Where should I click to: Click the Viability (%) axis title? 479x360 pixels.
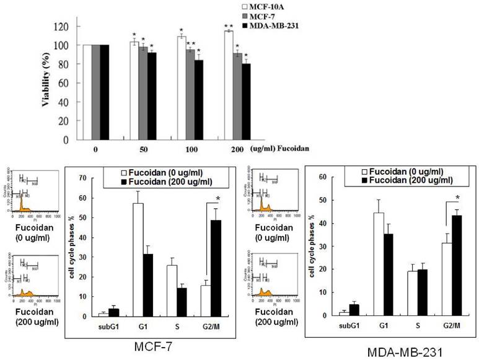click(x=45, y=81)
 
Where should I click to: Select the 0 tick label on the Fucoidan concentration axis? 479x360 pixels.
click(x=95, y=149)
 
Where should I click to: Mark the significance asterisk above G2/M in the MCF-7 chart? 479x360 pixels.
click(x=218, y=199)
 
